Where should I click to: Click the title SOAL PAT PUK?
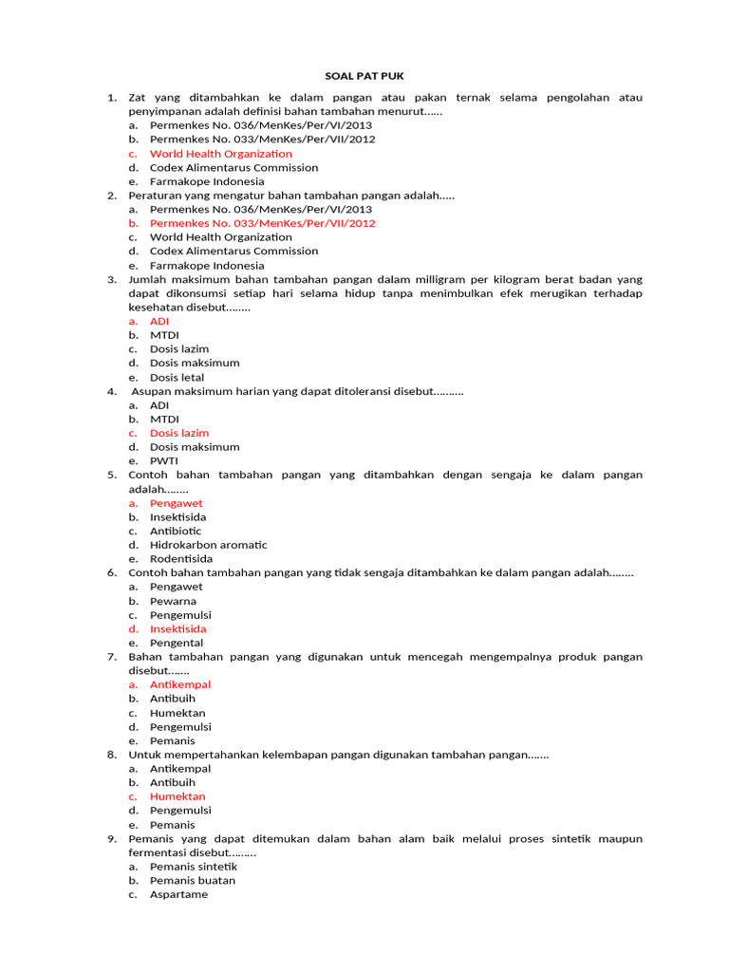(x=364, y=76)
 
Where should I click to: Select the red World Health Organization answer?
(x=220, y=154)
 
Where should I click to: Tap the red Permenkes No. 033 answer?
(x=262, y=223)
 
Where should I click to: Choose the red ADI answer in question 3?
(x=159, y=322)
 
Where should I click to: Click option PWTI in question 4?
(x=164, y=461)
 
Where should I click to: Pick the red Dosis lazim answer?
(x=179, y=433)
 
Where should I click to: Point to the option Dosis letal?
(x=177, y=378)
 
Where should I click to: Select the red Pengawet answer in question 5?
(x=176, y=503)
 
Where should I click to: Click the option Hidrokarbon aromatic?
(x=208, y=545)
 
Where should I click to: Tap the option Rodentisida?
(x=181, y=559)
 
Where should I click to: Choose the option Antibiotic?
(x=176, y=532)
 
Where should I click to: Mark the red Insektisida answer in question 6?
(x=178, y=629)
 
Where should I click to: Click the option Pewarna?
(x=173, y=601)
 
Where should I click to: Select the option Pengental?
(x=176, y=644)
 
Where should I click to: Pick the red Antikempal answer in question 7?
(x=180, y=684)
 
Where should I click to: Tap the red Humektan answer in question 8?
(x=178, y=796)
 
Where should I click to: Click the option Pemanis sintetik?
(x=194, y=867)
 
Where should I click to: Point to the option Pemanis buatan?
(x=193, y=881)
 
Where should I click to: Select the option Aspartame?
(x=178, y=895)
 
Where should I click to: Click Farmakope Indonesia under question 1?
(x=207, y=181)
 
